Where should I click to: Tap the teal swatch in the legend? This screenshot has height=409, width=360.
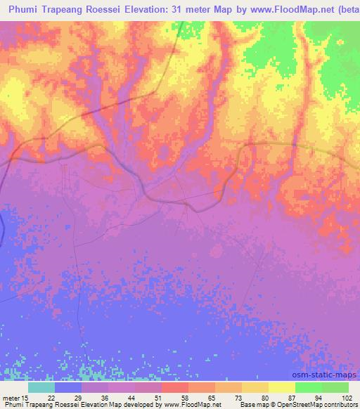pyautogui.click(x=41, y=387)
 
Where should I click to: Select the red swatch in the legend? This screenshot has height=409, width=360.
pyautogui.click(x=175, y=387)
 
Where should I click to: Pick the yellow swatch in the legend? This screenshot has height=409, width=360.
pyautogui.click(x=282, y=387)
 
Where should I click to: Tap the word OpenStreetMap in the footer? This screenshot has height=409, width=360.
pyautogui.click(x=296, y=405)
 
